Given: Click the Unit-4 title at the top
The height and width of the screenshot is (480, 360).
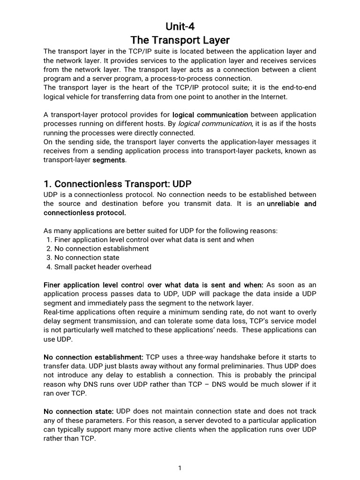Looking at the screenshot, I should point(180,26).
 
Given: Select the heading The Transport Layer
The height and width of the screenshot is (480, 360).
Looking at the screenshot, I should point(180,40).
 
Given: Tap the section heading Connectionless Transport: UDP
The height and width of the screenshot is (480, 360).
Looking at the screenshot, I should point(118,184).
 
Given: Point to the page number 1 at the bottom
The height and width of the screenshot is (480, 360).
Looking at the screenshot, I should point(180,468).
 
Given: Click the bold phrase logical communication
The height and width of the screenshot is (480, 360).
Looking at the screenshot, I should point(210,115).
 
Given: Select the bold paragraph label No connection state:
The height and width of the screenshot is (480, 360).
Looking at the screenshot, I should point(79,411).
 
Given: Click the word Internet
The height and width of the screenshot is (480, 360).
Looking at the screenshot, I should point(273,97).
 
